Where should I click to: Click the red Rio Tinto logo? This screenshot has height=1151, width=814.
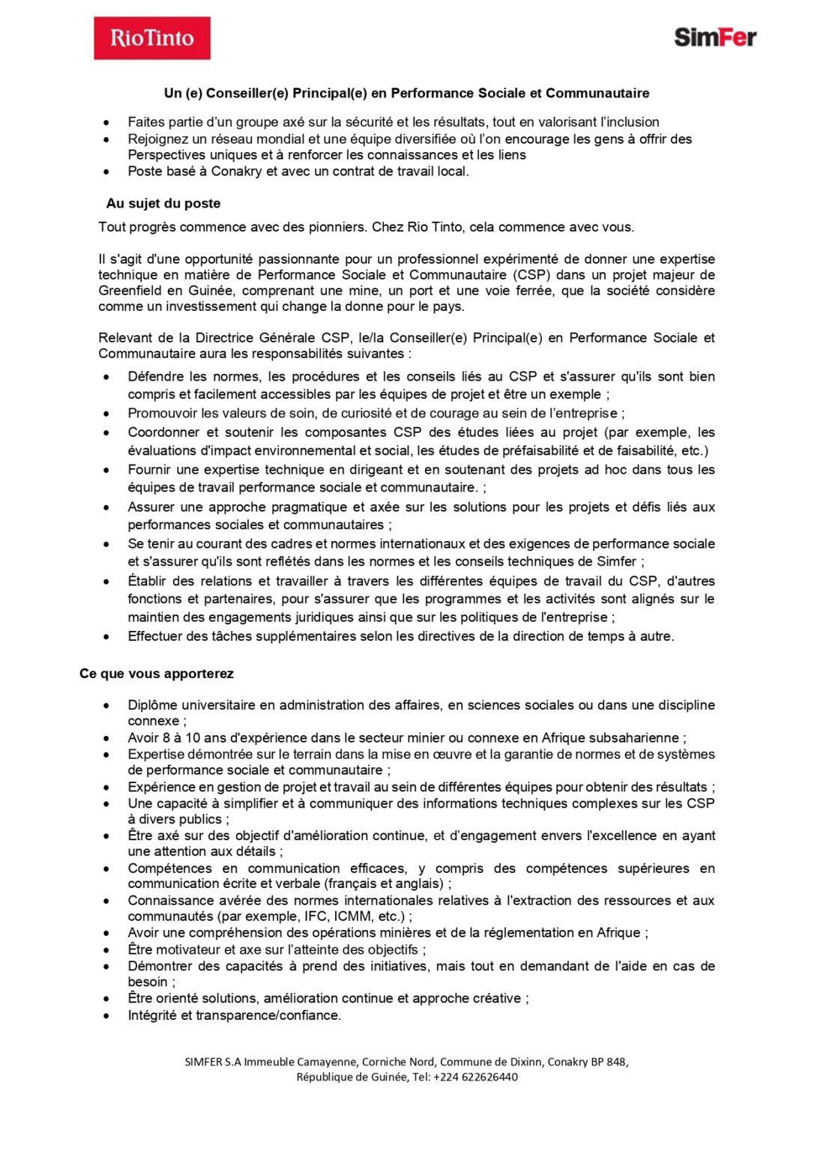(152, 38)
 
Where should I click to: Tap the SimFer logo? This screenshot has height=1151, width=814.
(715, 37)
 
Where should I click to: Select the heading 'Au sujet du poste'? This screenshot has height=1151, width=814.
(163, 203)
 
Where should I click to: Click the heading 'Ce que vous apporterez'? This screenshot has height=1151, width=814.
(157, 674)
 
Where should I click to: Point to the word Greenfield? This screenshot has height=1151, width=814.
(130, 291)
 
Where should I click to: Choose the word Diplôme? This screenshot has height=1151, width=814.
(152, 705)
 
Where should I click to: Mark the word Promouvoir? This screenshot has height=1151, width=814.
(163, 413)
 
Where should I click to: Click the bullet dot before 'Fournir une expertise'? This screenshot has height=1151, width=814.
(107, 471)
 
